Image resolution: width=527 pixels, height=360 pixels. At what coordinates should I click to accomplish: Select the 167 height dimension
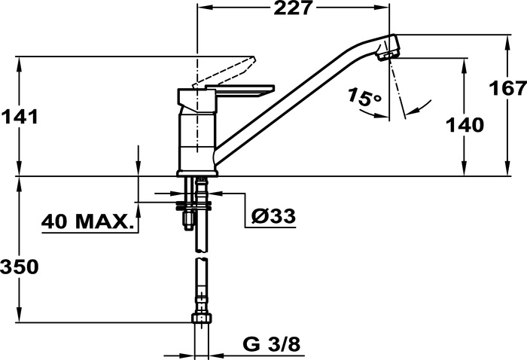pyautogui.click(x=513, y=89)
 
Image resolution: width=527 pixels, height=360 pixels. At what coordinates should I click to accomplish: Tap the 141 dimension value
pyautogui.click(x=19, y=117)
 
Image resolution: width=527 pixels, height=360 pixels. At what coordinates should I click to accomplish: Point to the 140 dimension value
pyautogui.click(x=465, y=126)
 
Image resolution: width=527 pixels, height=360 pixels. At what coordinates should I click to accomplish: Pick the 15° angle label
pyautogui.click(x=365, y=96)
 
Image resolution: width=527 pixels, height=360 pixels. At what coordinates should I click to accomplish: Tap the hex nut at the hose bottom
pyautogui.click(x=201, y=319)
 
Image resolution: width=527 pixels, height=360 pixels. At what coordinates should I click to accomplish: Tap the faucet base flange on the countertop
pyautogui.click(x=198, y=174)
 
